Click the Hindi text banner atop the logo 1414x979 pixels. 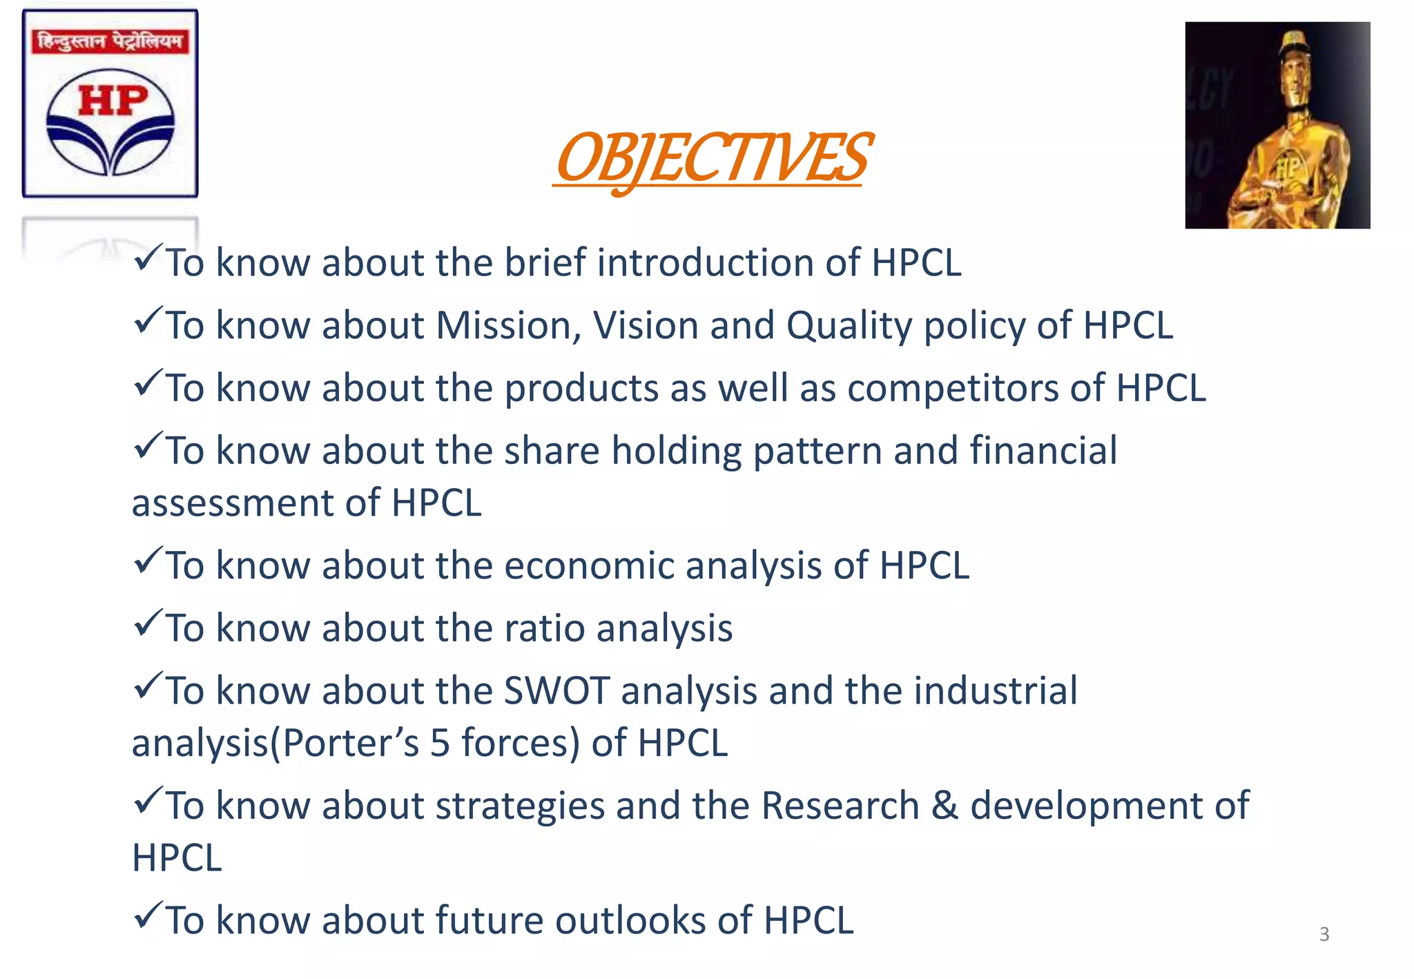pos(110,41)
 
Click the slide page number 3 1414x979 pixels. pos(1324,934)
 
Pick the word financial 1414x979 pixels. pos(1043,451)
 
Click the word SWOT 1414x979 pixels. pos(556,691)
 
